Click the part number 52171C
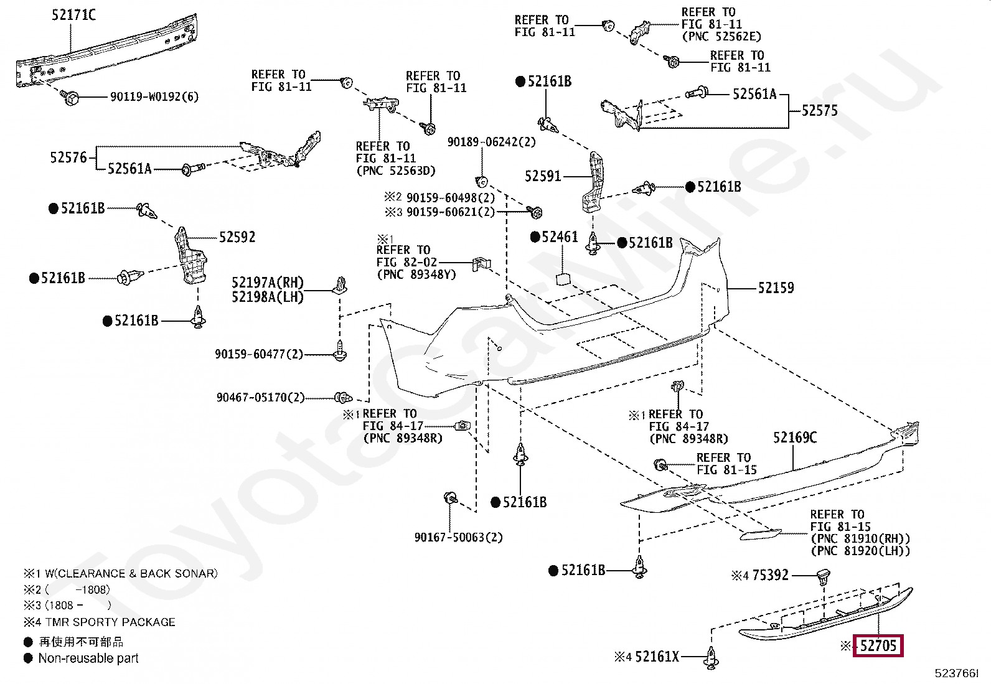click(x=73, y=15)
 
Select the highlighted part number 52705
click(x=878, y=645)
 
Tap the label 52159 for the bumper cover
click(x=776, y=288)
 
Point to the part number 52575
click(x=820, y=110)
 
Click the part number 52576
click(x=68, y=157)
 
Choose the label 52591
click(x=543, y=176)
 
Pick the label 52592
click(x=237, y=237)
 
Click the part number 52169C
click(x=795, y=438)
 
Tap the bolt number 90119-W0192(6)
click(x=154, y=96)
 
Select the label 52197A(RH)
click(x=268, y=283)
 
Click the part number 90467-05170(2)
click(x=261, y=397)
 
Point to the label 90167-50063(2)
click(x=459, y=537)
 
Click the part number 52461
click(x=560, y=237)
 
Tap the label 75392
click(x=770, y=575)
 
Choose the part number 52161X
click(x=657, y=657)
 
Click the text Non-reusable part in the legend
click(x=88, y=658)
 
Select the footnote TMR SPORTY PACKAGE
click(x=110, y=622)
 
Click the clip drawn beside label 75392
click(x=824, y=577)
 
